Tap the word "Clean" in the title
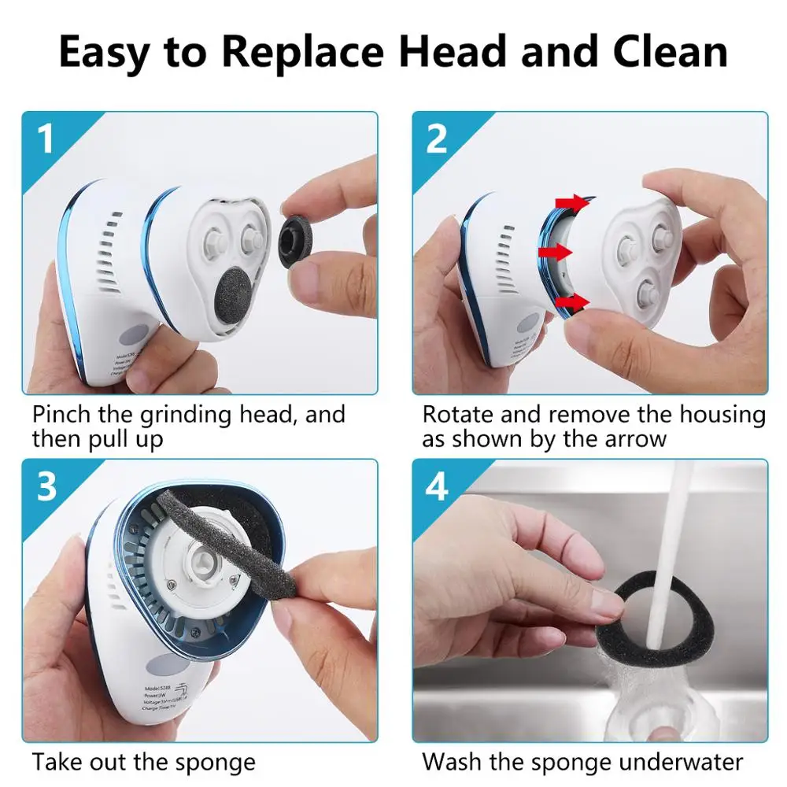tap(663, 52)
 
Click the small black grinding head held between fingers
tap(298, 234)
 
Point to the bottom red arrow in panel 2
tap(572, 301)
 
